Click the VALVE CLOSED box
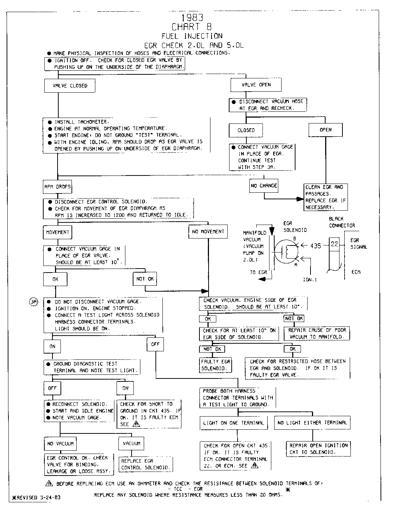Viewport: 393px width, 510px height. pos(70,86)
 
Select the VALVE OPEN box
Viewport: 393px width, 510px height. pos(256,85)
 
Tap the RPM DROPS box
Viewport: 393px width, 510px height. pos(58,187)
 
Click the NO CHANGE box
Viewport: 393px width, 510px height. pos(264,186)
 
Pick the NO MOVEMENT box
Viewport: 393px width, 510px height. pos(208,232)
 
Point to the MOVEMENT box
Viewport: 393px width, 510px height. pos(58,232)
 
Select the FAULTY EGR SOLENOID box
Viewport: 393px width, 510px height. pos(216,365)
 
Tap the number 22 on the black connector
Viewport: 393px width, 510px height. pos(334,244)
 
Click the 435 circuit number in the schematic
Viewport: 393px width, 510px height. pos(316,246)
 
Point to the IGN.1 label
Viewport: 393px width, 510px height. pos(310,279)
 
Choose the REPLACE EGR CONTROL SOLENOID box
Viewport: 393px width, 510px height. pos(146,464)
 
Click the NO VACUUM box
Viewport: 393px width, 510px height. pos(60,444)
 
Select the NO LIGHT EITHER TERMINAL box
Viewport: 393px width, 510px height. pos(312,423)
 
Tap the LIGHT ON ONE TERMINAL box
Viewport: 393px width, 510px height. pos(234,423)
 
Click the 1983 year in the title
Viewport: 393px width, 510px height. pos(192,17)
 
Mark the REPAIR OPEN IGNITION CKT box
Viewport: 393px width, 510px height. pos(318,449)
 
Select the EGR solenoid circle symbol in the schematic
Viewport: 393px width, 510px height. pos(287,251)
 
